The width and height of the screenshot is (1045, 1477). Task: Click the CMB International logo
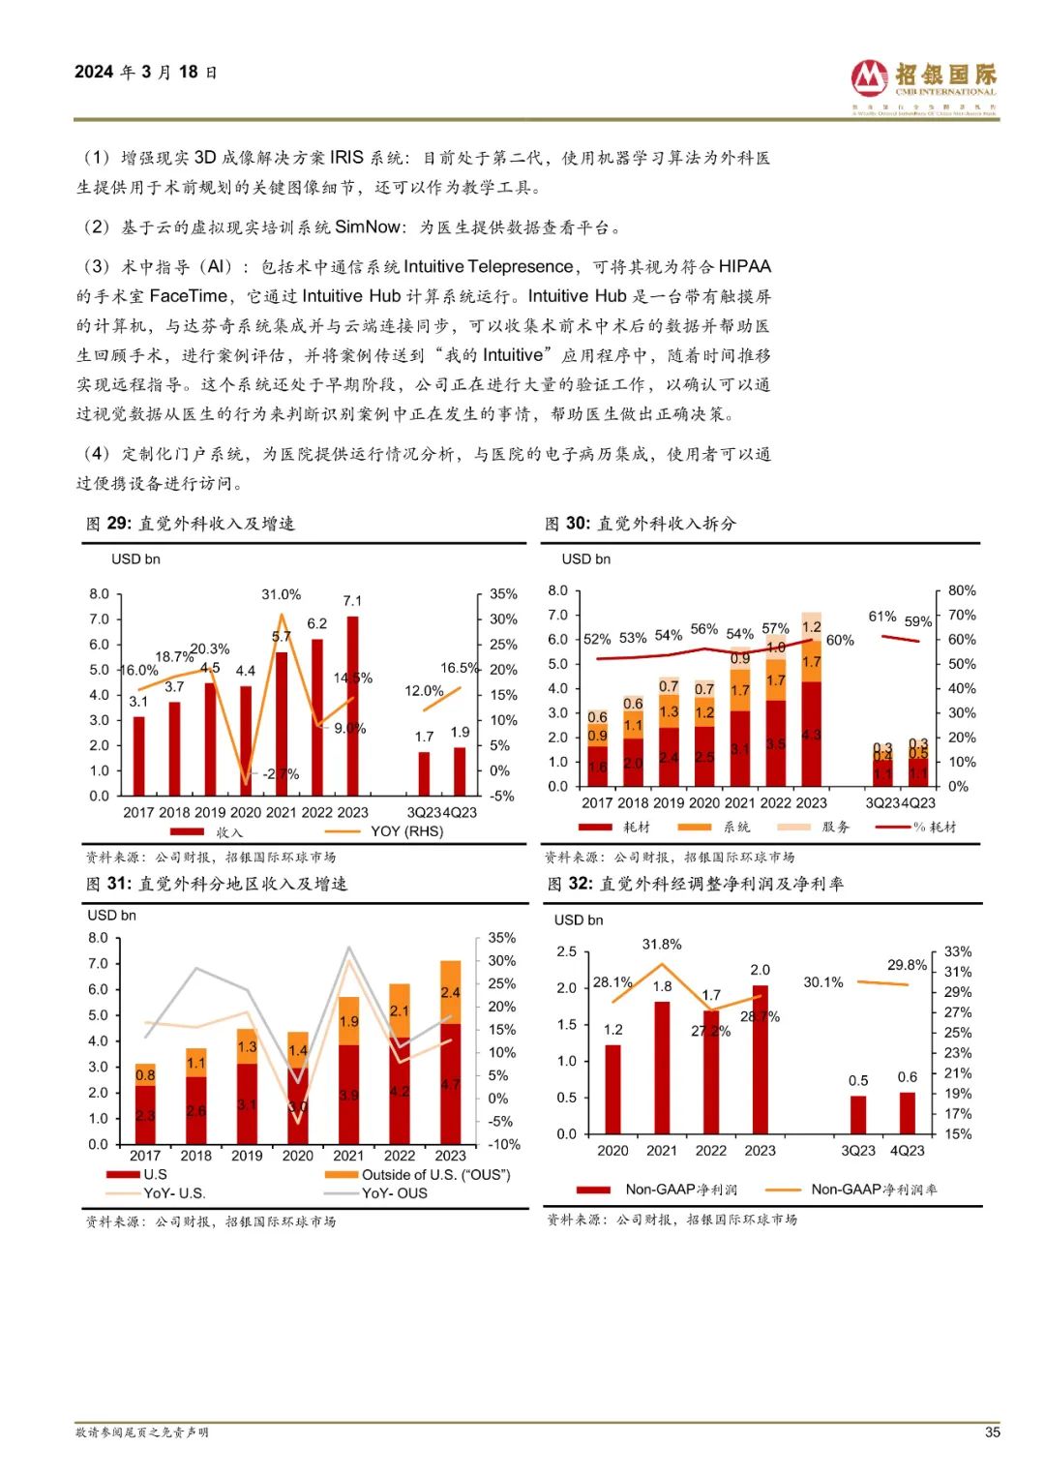click(x=923, y=84)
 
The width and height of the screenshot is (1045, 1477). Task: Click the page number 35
click(x=992, y=1432)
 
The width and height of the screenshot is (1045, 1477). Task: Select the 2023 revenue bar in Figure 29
click(x=352, y=707)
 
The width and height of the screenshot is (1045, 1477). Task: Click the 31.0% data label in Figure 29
click(x=281, y=594)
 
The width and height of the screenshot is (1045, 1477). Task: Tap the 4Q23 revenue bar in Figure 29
click(x=460, y=771)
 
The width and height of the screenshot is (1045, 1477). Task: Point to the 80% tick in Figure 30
click(x=962, y=590)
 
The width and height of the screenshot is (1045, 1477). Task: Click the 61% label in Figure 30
click(x=881, y=617)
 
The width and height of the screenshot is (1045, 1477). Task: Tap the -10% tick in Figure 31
click(x=503, y=1144)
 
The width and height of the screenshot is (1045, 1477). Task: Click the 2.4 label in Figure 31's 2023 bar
click(x=450, y=992)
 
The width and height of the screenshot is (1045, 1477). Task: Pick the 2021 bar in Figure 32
click(x=662, y=1068)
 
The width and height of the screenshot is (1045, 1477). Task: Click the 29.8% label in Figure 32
click(x=907, y=965)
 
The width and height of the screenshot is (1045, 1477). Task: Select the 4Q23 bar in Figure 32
click(x=907, y=1113)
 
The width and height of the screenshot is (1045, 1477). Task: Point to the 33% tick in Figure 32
click(x=957, y=951)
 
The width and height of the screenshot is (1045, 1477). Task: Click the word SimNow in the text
click(x=368, y=227)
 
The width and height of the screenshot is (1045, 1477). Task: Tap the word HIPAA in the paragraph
click(x=744, y=267)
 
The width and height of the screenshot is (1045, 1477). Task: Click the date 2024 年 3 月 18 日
click(x=146, y=73)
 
